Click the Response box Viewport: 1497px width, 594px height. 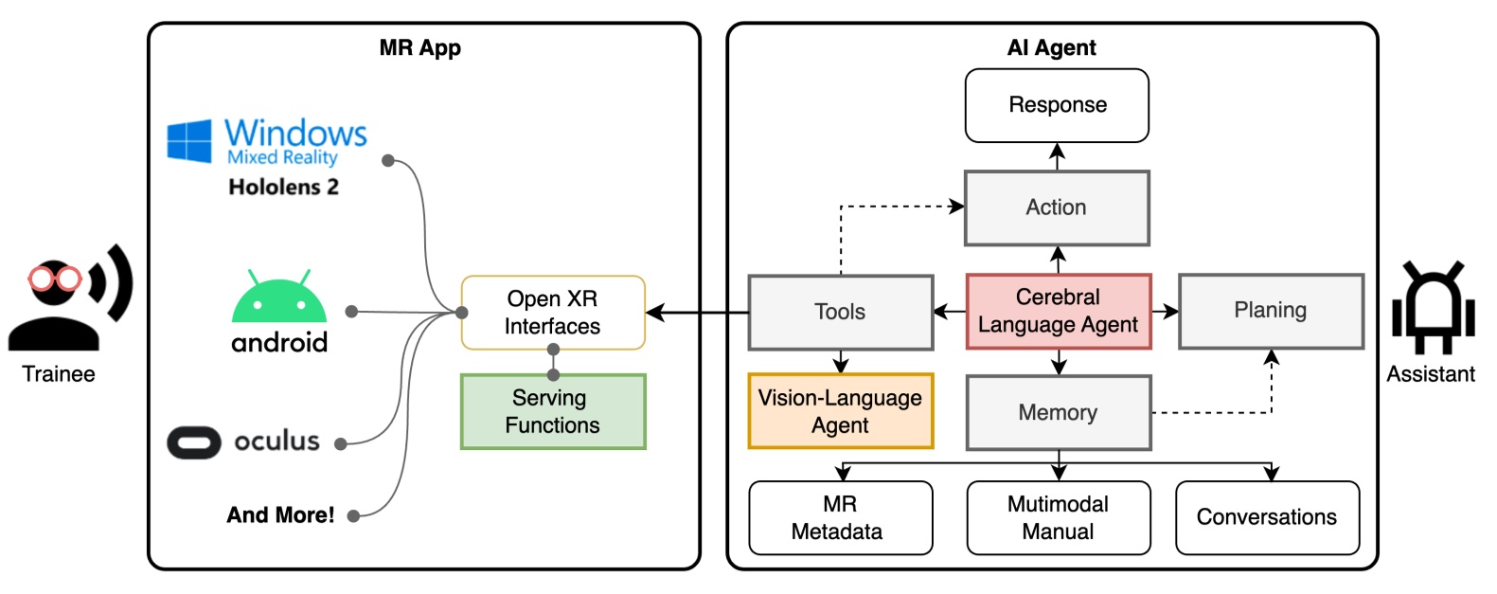coord(1057,105)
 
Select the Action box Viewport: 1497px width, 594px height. coord(1057,207)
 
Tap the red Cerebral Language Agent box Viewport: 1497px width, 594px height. coord(1058,312)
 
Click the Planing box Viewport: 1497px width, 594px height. coord(1270,311)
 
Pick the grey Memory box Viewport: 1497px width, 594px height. coord(1058,412)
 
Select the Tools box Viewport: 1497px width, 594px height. coord(840,312)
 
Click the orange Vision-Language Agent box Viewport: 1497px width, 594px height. coord(840,411)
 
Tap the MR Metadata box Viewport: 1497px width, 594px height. coord(840,517)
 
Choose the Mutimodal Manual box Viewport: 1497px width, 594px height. coord(1058,517)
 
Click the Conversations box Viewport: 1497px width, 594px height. coord(1267,517)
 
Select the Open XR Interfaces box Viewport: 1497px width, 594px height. coord(552,313)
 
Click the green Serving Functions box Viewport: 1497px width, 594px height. coord(552,411)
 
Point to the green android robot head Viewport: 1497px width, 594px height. coord(279,300)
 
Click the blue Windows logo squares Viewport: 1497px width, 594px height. coord(189,141)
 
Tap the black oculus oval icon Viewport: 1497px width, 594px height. coord(194,442)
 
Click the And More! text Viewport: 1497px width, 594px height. coord(280,515)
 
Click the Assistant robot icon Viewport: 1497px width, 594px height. coord(1432,308)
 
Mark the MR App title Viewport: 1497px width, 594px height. coord(419,48)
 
